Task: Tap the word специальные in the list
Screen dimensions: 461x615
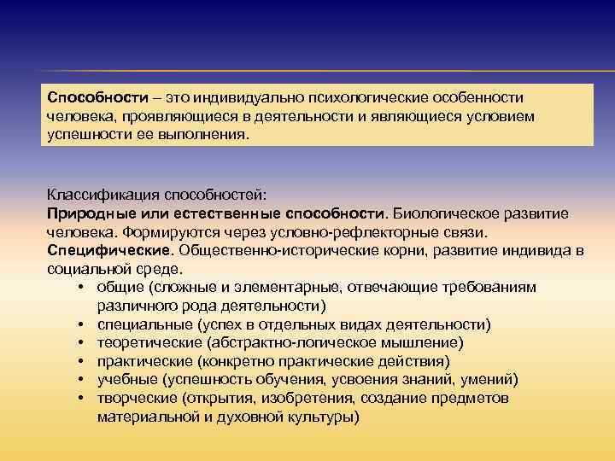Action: click(x=144, y=325)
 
